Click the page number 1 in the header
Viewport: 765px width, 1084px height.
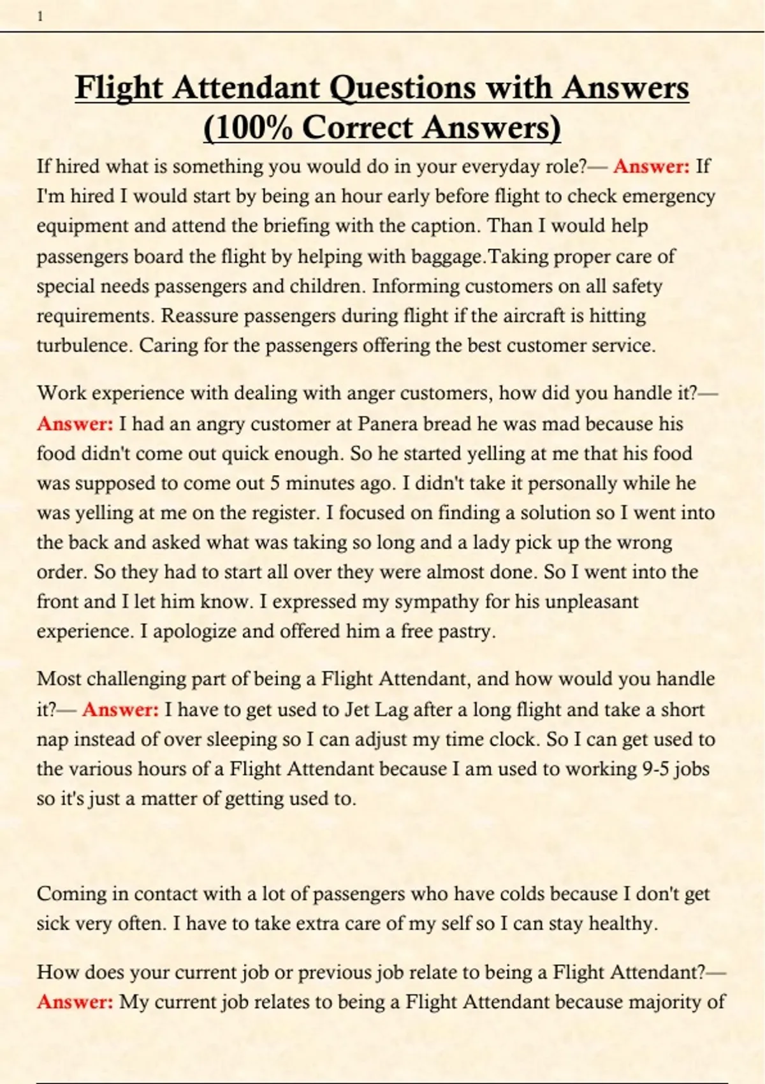(40, 17)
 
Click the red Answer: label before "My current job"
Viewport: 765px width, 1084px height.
(75, 1002)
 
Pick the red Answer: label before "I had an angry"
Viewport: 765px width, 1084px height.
(75, 424)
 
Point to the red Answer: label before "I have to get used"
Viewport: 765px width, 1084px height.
(120, 710)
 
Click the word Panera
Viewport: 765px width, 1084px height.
(388, 424)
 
